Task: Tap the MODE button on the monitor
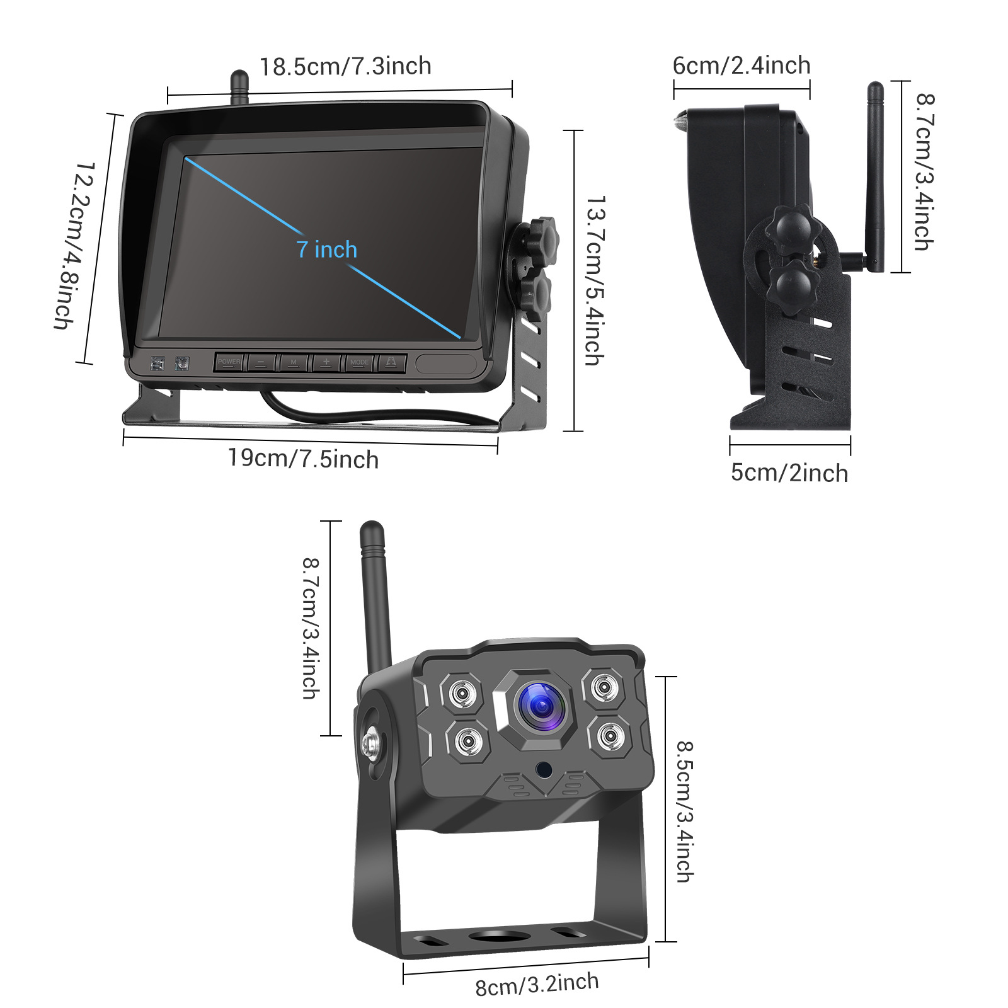[359, 362]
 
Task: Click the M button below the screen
[294, 362]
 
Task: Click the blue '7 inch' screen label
[327, 250]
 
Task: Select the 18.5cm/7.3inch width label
[345, 66]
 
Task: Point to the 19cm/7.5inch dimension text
[303, 459]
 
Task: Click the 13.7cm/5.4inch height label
[593, 280]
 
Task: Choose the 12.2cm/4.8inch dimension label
[74, 245]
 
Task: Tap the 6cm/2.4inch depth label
[742, 66]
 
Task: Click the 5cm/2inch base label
[789, 473]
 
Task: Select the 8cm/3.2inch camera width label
[537, 984]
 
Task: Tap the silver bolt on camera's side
[372, 744]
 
